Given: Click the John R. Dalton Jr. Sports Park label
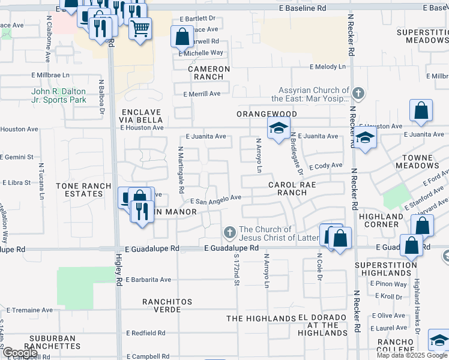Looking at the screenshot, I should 59,95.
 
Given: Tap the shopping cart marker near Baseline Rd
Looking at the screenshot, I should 140,28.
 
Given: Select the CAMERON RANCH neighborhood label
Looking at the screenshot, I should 208,73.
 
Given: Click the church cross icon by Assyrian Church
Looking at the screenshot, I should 358,93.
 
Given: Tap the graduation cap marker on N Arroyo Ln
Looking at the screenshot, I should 279,128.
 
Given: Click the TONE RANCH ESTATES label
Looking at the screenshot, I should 80,190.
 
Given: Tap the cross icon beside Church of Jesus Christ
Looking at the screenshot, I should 229,232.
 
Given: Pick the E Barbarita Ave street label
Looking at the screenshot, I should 148,280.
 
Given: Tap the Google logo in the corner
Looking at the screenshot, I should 20,353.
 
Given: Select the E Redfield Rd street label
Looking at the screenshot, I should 145,333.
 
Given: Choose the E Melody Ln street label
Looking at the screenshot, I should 328,67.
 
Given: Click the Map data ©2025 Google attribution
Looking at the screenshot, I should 411,355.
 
